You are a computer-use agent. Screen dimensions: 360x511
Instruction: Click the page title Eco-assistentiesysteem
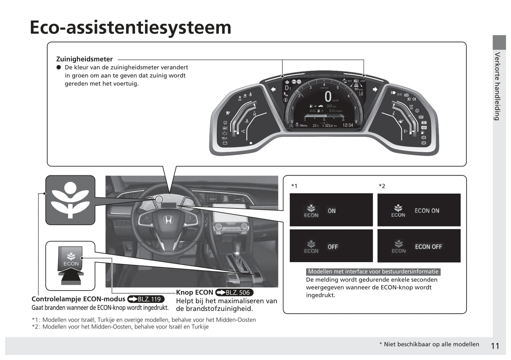[130, 27]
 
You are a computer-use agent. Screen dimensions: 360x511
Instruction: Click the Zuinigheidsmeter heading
[84, 59]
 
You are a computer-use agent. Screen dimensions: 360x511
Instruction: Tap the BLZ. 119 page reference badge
[146, 299]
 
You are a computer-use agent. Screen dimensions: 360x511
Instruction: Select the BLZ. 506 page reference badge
[234, 293]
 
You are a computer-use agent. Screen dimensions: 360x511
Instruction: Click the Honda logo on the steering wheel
[168, 220]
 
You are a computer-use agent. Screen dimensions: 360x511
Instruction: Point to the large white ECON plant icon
[70, 200]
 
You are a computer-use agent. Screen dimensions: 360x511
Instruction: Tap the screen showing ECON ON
[419, 210]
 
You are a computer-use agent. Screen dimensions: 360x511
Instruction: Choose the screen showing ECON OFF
[419, 246]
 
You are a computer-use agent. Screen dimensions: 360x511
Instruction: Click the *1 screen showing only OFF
[331, 246]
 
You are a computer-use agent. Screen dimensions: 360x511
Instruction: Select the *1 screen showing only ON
[331, 210]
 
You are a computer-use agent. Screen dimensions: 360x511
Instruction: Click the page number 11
[495, 346]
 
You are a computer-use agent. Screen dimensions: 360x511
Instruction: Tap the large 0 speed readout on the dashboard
[328, 97]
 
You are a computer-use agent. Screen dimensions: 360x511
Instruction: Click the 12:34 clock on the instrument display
[348, 125]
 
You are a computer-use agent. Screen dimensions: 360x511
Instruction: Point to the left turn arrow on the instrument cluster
[273, 89]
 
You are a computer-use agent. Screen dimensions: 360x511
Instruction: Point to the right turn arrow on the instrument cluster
[375, 89]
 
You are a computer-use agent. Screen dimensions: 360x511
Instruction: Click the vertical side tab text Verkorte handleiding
[497, 86]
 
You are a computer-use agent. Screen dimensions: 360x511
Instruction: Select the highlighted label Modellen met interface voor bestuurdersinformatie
[373, 272]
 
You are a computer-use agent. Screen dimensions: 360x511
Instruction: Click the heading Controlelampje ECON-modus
[79, 299]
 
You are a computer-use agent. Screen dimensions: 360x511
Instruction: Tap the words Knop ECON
[194, 293]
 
